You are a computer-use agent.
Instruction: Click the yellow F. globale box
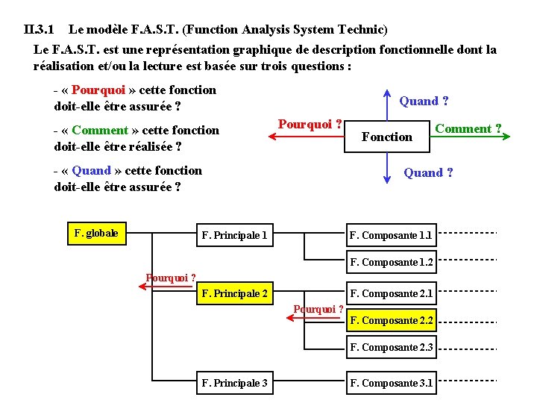[x=96, y=233]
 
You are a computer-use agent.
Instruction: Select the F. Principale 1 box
[x=234, y=236]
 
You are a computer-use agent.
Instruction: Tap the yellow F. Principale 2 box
[x=234, y=293]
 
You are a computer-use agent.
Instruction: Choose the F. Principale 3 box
[x=234, y=383]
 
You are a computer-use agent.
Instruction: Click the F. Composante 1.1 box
[x=391, y=235]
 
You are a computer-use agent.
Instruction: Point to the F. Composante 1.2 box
[x=391, y=262]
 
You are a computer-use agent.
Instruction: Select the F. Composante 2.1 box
[x=391, y=293]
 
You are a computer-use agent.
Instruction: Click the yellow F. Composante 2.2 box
[x=391, y=320]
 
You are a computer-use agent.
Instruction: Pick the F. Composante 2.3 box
[x=391, y=347]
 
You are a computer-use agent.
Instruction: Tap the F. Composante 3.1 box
[x=391, y=383]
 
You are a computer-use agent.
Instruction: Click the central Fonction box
[x=386, y=137]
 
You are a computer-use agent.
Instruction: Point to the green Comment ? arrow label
[x=468, y=128]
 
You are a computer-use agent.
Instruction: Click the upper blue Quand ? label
[x=424, y=101]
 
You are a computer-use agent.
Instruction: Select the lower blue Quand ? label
[x=428, y=172]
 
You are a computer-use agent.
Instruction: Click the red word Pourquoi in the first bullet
[x=98, y=90]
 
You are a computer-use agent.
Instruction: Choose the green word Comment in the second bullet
[x=100, y=131]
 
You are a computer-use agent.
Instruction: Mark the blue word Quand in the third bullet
[x=91, y=171]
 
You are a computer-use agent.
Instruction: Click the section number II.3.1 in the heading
[x=39, y=30]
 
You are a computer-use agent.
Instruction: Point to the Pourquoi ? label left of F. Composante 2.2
[x=318, y=309]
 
